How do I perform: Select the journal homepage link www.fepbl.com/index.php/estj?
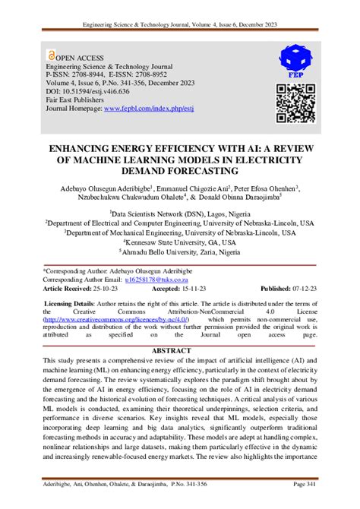point(145,109)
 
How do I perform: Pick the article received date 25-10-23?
point(110,289)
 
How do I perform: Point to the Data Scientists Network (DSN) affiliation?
point(179,215)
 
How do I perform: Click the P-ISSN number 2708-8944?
point(90,73)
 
